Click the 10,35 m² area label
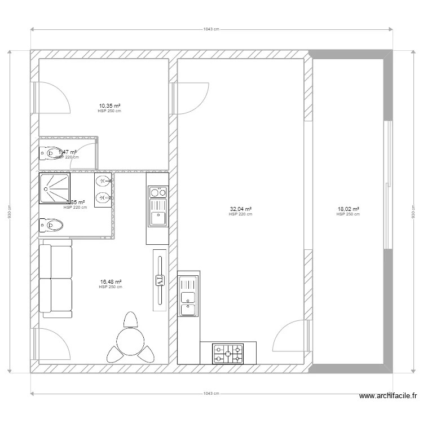coord(110,105)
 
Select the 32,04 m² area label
coord(240,209)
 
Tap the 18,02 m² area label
coord(348,209)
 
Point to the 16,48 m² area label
coord(111,281)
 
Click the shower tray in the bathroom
coord(55,188)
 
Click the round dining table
coord(131,341)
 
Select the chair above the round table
coord(131,320)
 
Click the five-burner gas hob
coord(228,354)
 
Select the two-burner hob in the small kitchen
coord(157,192)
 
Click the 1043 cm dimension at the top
coord(211,29)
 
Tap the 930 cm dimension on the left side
coord(10,211)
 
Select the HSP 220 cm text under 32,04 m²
coord(240,214)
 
